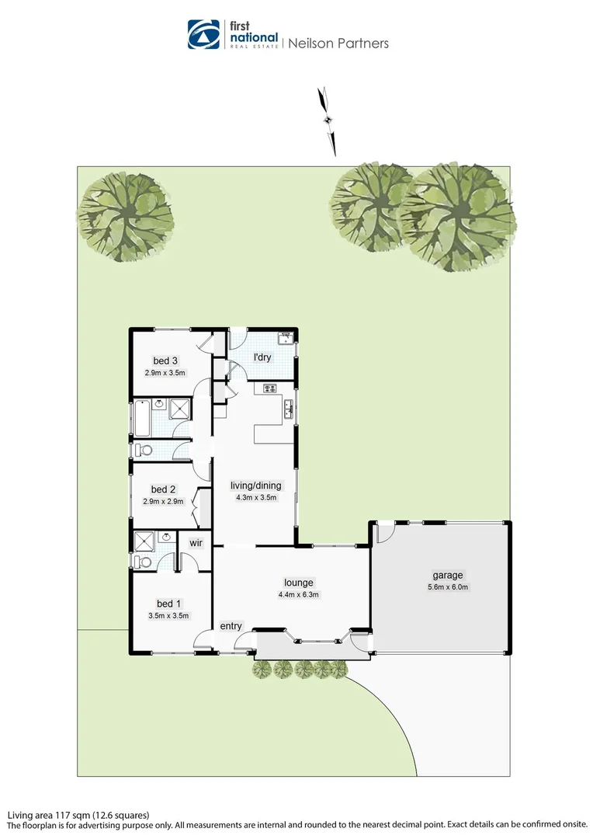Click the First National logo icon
point(204,35)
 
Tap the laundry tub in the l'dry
point(286,338)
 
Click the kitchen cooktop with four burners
point(271,389)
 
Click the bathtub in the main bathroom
point(142,418)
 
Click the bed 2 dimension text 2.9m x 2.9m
point(164,502)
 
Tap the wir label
point(196,543)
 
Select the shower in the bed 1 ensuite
point(145,541)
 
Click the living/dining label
point(256,486)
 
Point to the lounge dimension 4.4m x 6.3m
point(299,595)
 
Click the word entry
point(231,626)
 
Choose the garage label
point(448,576)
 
